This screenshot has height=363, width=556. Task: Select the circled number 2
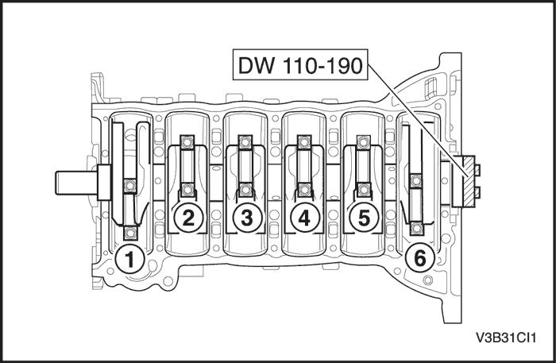pyautogui.click(x=187, y=218)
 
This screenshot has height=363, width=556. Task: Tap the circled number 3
pyautogui.click(x=246, y=218)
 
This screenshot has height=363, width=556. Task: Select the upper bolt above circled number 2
pyautogui.click(x=187, y=143)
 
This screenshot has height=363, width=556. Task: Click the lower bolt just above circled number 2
pyautogui.click(x=187, y=191)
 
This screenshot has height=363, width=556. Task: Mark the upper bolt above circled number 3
pyautogui.click(x=246, y=143)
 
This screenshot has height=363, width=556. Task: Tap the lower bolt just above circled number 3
pyautogui.click(x=246, y=191)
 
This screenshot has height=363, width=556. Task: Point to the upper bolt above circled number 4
pyautogui.click(x=303, y=143)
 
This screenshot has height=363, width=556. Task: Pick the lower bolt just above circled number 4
pyautogui.click(x=303, y=191)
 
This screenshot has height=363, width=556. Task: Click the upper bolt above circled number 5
pyautogui.click(x=363, y=143)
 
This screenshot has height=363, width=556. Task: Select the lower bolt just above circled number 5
pyautogui.click(x=363, y=191)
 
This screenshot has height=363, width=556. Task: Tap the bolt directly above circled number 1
pyautogui.click(x=129, y=234)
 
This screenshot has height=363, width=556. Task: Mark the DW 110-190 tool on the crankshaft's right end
pyautogui.click(x=466, y=180)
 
